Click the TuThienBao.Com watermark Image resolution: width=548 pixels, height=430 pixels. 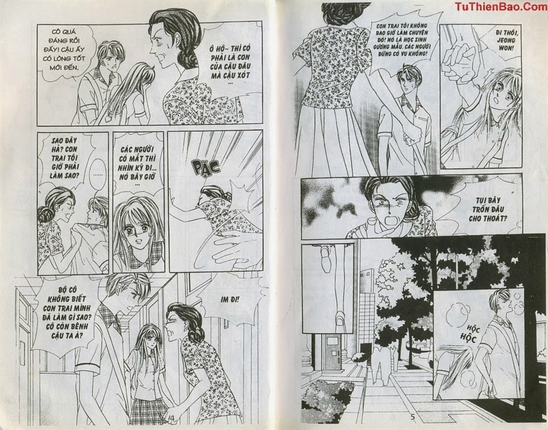pyautogui.click(x=501, y=6)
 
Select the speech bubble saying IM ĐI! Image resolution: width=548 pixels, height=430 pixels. pyautogui.click(x=230, y=299)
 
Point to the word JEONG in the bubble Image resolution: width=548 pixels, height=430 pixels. pyautogui.click(x=506, y=40)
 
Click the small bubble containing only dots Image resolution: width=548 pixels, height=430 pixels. pyautogui.click(x=98, y=174)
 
